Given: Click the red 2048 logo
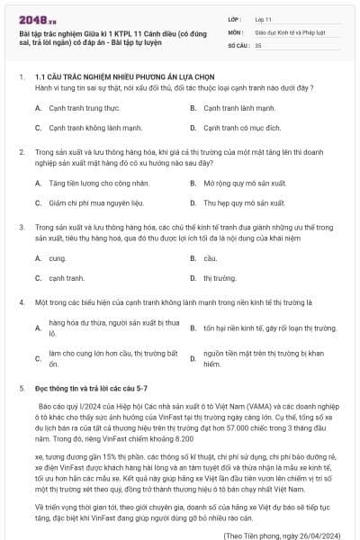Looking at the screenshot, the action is tap(32, 19).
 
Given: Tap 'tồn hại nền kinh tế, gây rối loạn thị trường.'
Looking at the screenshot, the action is tap(269, 329).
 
